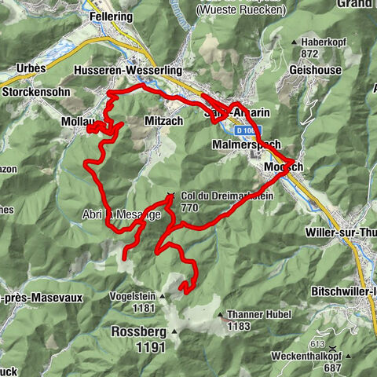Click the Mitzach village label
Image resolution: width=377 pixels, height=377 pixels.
(163, 120)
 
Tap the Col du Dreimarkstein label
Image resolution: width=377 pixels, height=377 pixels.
(227, 197)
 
